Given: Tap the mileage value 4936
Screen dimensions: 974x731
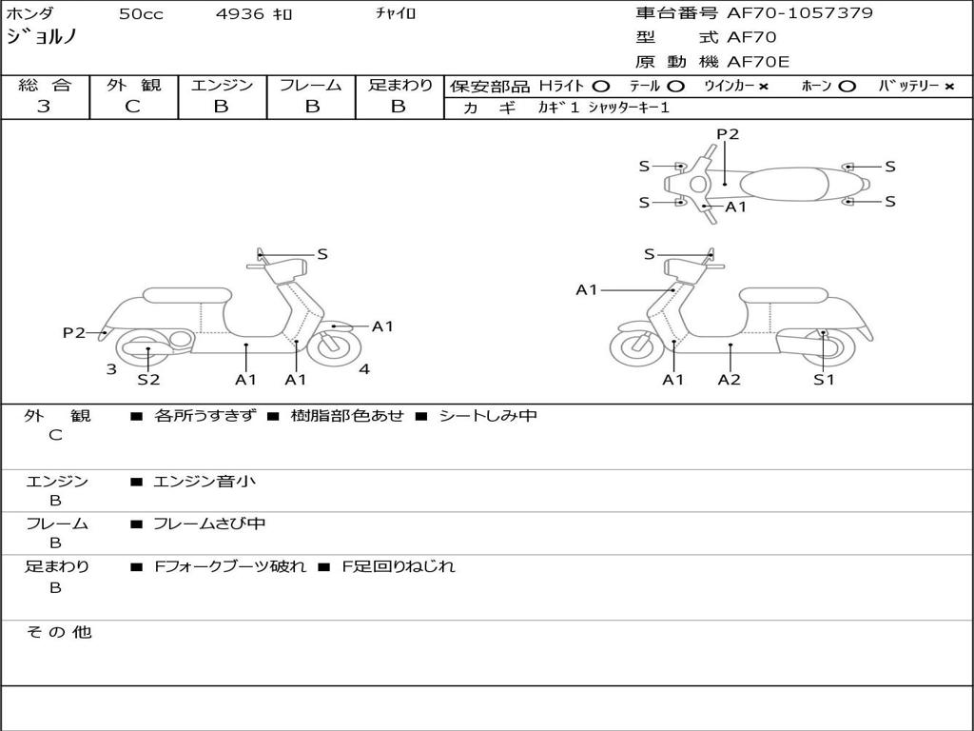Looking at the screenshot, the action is [x=240, y=14].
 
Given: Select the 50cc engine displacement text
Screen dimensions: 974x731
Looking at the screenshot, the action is [x=139, y=14].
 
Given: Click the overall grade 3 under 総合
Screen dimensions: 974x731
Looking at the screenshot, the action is [x=44, y=107].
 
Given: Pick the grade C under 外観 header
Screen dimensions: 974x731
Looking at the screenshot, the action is [x=133, y=107].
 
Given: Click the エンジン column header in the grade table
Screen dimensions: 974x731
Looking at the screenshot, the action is [x=222, y=86].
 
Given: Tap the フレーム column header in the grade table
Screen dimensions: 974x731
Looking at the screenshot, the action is [x=310, y=86].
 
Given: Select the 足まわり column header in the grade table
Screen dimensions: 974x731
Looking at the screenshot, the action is [x=399, y=86].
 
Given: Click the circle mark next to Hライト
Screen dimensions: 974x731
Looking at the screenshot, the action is [x=601, y=87].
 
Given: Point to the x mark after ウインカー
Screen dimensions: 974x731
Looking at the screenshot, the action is [x=763, y=87].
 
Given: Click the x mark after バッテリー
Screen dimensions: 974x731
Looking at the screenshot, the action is [x=948, y=87].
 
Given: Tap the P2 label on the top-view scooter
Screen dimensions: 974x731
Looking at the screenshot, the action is [x=728, y=134].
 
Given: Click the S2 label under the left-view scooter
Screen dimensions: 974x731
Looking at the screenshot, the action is [x=148, y=380].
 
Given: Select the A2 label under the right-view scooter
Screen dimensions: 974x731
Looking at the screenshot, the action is [x=730, y=380].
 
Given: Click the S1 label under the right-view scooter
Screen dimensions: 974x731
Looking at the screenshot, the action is [x=824, y=380].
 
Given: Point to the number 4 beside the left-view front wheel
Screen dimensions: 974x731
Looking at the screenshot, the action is [x=364, y=369].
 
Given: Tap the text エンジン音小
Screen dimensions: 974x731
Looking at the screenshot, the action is [x=205, y=482].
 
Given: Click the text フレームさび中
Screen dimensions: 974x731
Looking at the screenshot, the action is [x=209, y=524].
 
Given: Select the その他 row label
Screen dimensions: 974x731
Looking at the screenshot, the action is [x=59, y=632].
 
